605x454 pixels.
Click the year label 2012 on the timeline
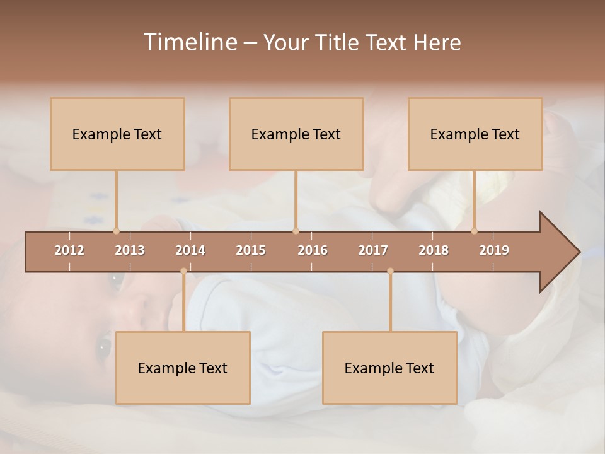(x=69, y=250)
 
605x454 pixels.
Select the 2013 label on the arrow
(x=130, y=250)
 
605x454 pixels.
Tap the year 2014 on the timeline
(x=190, y=250)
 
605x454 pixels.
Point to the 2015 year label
(x=251, y=250)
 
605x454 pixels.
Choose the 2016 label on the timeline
(x=313, y=250)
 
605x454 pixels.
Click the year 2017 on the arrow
(x=373, y=250)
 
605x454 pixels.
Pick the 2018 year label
(x=434, y=250)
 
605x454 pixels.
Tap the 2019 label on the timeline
(x=494, y=250)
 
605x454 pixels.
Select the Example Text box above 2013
(x=117, y=134)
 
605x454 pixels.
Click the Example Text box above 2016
(x=296, y=134)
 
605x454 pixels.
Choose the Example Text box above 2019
(x=475, y=134)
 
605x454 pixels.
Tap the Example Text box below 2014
(x=183, y=368)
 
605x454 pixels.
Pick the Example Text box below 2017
(x=389, y=368)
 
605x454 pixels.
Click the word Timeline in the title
(x=189, y=42)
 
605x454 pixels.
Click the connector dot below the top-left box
(x=116, y=231)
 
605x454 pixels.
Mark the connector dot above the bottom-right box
(x=390, y=271)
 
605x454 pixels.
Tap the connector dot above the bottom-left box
(x=183, y=271)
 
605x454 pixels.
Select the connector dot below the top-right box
(x=475, y=231)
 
